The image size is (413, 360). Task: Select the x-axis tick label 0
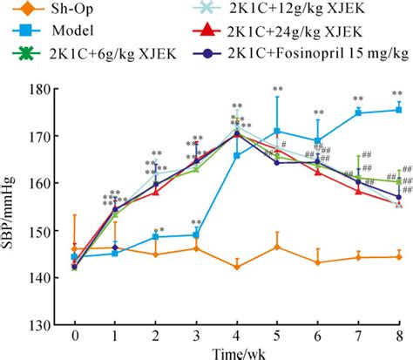[x=75, y=336]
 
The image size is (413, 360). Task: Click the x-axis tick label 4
[x=237, y=336]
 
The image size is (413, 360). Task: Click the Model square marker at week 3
[x=196, y=234]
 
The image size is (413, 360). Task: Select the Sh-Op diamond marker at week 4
[x=237, y=267]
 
